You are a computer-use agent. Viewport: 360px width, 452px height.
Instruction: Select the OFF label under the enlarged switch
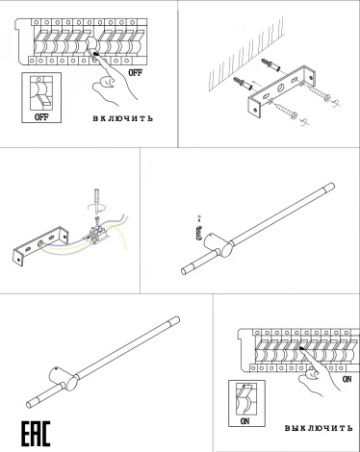[40, 116]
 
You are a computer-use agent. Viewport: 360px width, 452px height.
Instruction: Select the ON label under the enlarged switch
[245, 419]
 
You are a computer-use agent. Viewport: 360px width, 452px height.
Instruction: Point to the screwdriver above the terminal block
[96, 201]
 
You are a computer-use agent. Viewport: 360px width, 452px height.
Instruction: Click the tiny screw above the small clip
[197, 216]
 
